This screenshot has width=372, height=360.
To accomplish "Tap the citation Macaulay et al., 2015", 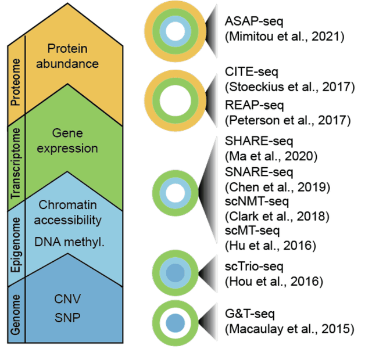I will (x=289, y=329).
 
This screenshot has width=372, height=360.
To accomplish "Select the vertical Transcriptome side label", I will (x=16, y=165).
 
